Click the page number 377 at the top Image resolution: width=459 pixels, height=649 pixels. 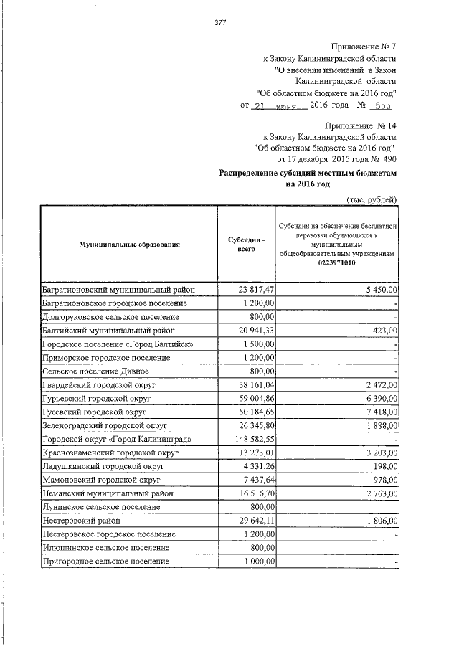pos(220,22)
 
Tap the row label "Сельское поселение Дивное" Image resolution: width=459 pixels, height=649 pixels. pos(95,371)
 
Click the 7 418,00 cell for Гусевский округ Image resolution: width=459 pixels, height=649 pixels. pos(382,412)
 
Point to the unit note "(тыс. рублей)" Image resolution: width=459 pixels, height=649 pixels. pos(372,199)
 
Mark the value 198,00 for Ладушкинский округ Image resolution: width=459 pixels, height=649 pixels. pos(387,467)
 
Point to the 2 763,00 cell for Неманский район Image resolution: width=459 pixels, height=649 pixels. pos(382,494)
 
